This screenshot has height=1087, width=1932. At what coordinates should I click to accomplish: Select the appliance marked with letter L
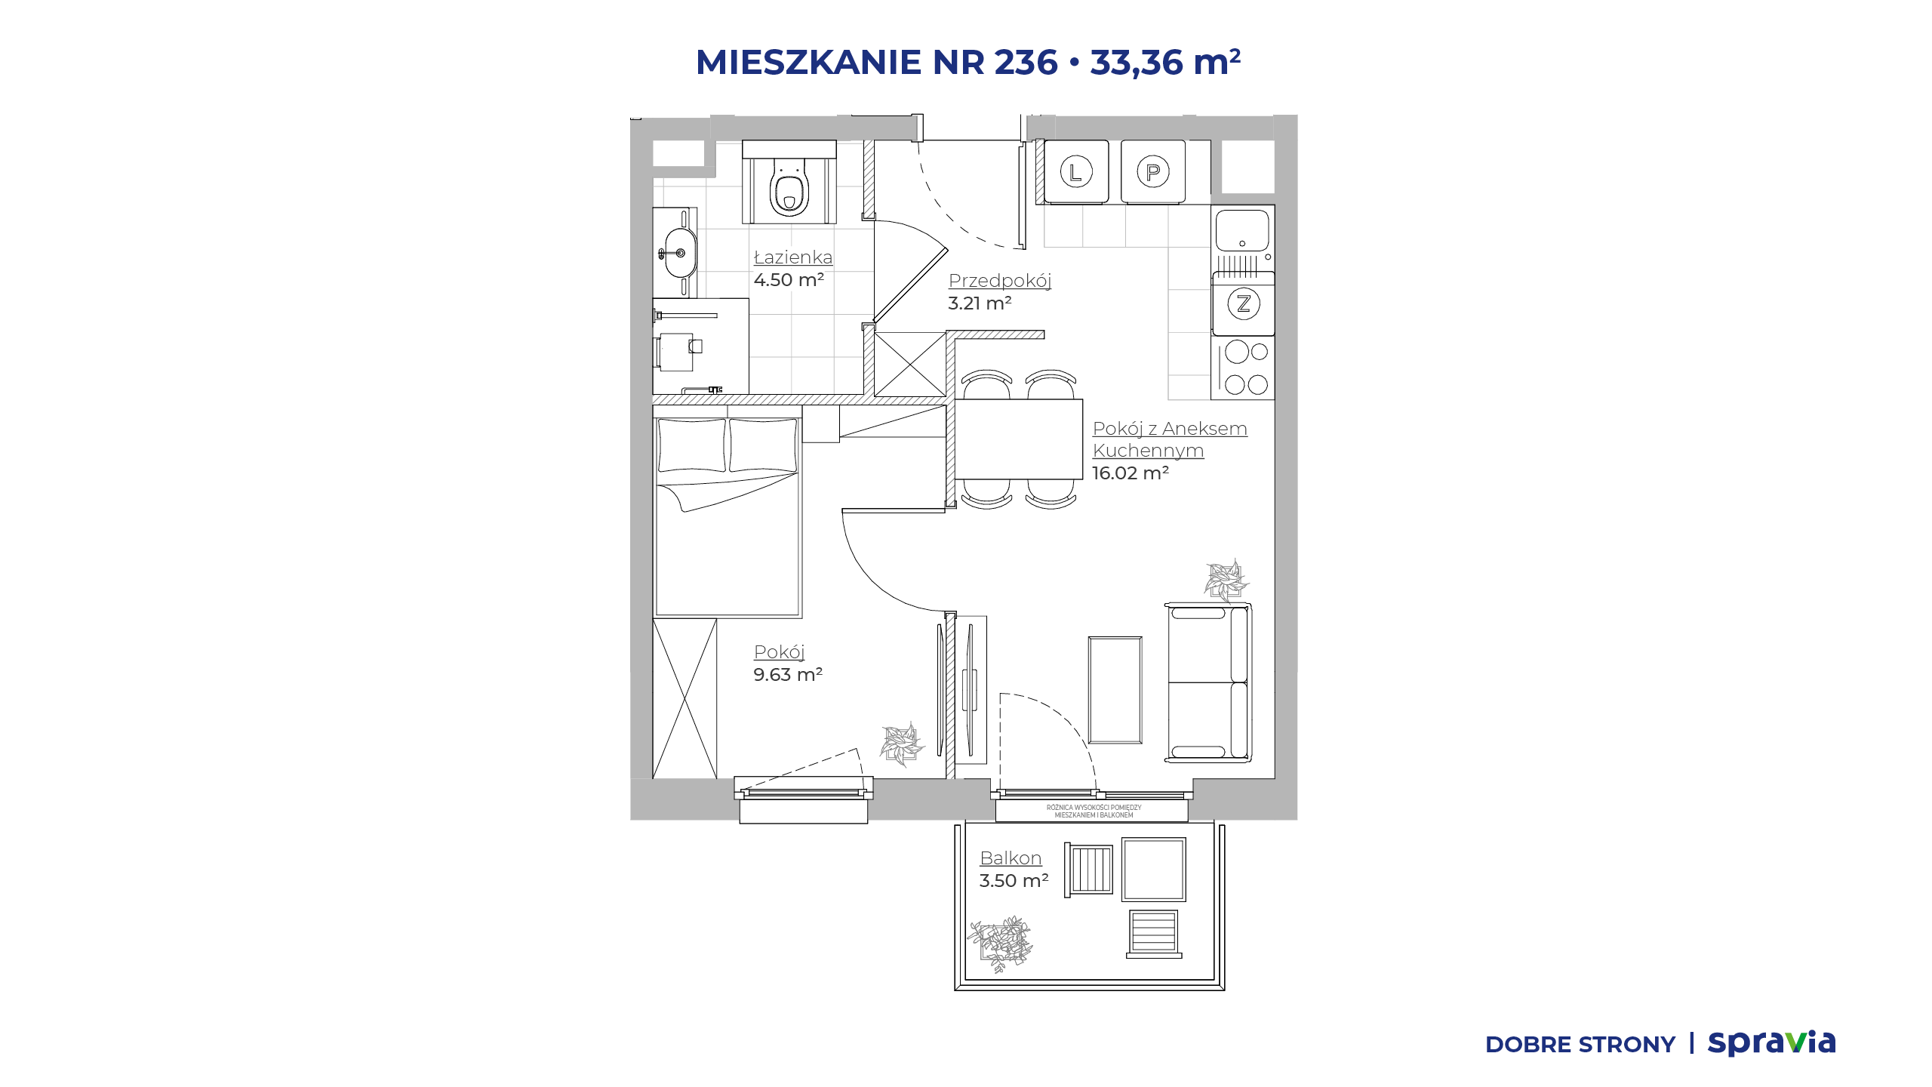tap(1076, 172)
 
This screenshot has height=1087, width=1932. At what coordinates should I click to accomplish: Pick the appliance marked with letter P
tap(1152, 172)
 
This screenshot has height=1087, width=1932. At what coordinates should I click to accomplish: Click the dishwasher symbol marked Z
tap(1244, 303)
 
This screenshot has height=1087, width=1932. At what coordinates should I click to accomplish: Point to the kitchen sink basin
tap(1242, 230)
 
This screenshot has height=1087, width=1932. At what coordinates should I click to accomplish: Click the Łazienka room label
tap(793, 257)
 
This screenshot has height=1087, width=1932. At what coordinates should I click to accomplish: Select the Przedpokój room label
tap(1000, 281)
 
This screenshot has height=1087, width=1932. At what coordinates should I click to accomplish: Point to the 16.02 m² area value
tap(1131, 473)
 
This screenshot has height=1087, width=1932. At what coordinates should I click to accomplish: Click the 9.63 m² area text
tap(788, 675)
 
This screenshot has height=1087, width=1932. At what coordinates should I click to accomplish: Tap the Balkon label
tap(1011, 858)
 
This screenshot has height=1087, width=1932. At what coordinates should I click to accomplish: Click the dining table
tap(1019, 439)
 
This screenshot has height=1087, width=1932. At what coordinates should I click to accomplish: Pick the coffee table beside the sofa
tap(1115, 690)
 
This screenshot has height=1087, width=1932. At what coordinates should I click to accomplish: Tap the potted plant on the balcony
tap(1001, 944)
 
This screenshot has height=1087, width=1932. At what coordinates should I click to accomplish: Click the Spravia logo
tap(1772, 1042)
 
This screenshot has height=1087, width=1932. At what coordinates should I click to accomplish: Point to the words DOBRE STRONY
tap(1580, 1045)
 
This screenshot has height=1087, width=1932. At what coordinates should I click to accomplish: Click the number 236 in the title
tap(1026, 62)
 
